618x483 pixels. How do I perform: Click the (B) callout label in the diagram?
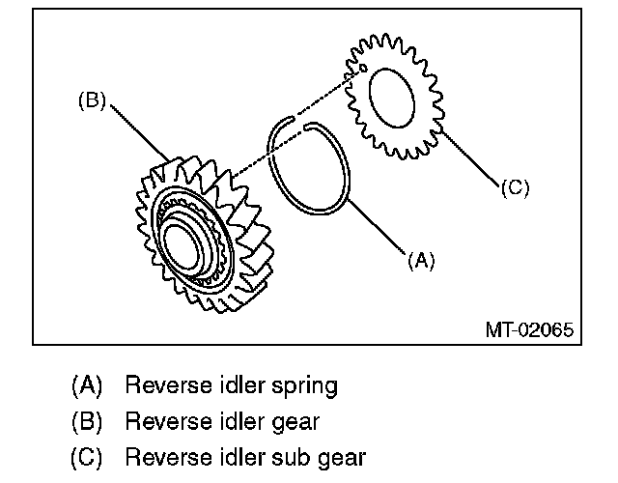pos(93,100)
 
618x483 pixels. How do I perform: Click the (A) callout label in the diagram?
pos(421,260)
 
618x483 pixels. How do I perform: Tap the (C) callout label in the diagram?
pos(515,187)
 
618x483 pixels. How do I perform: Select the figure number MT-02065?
pos(529,329)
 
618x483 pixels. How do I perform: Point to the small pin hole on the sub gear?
pos(363,69)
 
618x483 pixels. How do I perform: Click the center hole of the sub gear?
pos(392,98)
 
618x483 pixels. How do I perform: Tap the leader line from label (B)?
pos(139,133)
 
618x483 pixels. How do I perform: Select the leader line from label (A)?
pos(377,226)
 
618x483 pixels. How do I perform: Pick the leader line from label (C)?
pos(470,156)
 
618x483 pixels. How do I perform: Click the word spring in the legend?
pos(304,386)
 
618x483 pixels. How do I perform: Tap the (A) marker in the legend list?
pos(87,384)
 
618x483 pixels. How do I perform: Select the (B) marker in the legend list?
pos(87,421)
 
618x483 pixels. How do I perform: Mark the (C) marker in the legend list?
pos(86,457)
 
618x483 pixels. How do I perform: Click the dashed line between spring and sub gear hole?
pos(328,94)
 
